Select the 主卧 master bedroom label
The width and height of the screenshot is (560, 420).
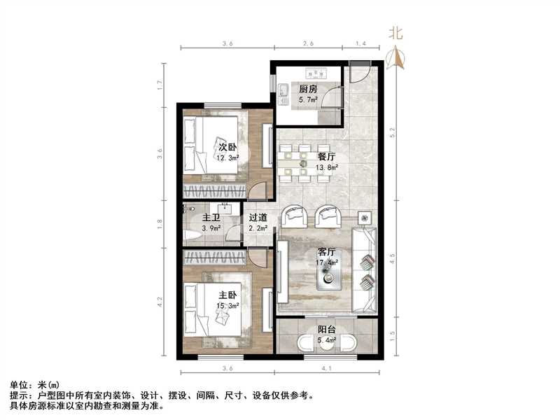tap(225, 295)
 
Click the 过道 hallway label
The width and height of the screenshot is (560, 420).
tap(258, 217)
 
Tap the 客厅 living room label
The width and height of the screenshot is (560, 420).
tap(326, 251)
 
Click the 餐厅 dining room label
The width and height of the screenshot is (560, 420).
tap(327, 157)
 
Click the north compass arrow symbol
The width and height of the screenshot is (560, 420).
tap(397, 57)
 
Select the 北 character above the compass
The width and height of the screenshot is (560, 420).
tap(396, 33)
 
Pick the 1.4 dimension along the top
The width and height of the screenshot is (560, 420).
tap(361, 44)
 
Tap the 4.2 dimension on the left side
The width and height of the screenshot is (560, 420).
tap(160, 302)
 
